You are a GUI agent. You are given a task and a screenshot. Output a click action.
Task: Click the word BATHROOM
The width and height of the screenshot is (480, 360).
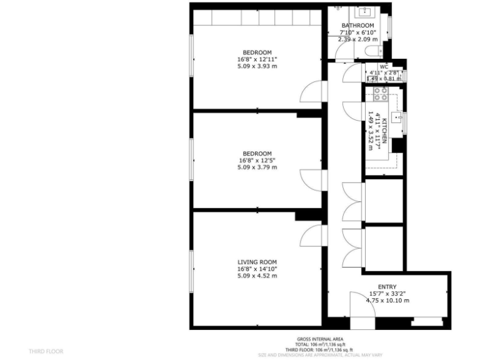pos(357,26)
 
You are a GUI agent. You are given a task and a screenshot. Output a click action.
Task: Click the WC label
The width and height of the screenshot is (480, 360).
pos(384,66)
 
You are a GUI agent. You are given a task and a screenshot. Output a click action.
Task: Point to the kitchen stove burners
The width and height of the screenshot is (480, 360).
pos(380,94)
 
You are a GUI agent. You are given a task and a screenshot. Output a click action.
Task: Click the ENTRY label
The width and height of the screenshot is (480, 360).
pos(387,287)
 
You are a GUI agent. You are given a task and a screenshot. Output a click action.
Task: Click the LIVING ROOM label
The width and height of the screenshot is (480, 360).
pos(257,262)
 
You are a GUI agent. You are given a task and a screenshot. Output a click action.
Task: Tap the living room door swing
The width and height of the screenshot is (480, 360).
pos(309,236)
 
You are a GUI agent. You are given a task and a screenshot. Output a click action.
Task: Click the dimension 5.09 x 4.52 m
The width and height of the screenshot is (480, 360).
pos(257,276)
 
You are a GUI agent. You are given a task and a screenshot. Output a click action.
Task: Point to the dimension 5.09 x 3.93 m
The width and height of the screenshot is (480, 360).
pos(257,66)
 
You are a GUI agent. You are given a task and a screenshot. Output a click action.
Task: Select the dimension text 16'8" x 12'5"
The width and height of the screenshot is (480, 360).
pos(257,161)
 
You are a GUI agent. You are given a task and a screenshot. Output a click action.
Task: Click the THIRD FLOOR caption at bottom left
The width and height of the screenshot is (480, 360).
pos(46,351)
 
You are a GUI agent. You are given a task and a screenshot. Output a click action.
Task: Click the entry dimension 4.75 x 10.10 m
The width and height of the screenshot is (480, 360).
pos(387,301)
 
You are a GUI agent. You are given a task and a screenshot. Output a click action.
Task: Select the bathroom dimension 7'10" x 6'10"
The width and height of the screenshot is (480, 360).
pos(357,32)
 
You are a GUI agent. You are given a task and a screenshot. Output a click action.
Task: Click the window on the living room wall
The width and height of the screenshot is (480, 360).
pos(192,270)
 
